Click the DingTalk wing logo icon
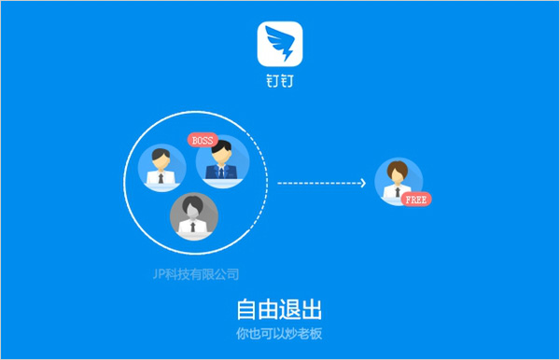[x=281, y=43]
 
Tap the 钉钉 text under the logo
[x=280, y=80]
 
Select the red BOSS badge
[x=202, y=141]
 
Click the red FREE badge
[x=417, y=200]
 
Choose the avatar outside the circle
[x=398, y=181]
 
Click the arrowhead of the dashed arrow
[x=363, y=183]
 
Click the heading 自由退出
[x=280, y=309]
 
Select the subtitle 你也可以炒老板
[x=280, y=333]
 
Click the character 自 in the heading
[x=245, y=309]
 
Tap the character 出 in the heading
[x=315, y=309]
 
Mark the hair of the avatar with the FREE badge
[x=398, y=169]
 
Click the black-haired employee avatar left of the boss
[x=160, y=167]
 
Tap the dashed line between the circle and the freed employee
[x=317, y=183]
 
